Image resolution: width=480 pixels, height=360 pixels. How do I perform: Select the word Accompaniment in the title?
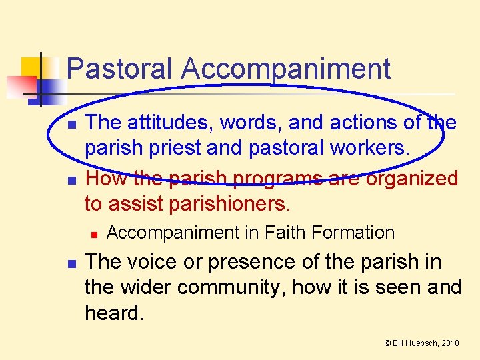pyautogui.click(x=285, y=69)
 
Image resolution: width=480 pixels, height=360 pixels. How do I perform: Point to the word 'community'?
pyautogui.click(x=230, y=287)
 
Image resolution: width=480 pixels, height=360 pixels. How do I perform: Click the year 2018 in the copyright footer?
pyautogui.click(x=450, y=343)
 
